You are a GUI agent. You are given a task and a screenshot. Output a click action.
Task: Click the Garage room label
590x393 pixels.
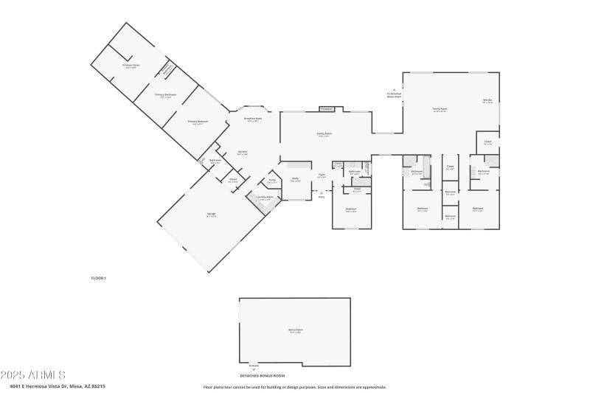coord(211,215)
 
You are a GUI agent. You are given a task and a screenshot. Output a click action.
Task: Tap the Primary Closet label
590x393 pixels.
coord(131,66)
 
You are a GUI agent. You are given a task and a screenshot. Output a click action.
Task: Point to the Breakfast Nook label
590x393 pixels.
coord(253,119)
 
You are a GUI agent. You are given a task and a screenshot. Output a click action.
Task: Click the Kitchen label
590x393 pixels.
coord(242,153)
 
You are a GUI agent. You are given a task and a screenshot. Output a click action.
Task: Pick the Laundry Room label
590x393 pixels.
coord(264,198)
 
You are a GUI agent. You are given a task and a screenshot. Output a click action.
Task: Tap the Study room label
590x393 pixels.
coord(295,179)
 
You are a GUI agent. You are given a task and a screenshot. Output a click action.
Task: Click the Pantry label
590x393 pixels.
coord(272,181)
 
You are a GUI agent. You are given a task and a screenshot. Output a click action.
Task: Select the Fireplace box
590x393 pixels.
coord(327,109)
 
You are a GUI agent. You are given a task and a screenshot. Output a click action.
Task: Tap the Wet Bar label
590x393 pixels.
coord(487,101)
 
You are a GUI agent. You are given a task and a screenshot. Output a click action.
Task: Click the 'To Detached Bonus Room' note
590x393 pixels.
coord(394,94)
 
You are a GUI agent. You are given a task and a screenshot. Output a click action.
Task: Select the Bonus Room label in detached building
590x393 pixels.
coord(295,330)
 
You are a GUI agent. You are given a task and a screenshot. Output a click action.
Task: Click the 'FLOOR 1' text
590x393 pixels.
coord(99,278)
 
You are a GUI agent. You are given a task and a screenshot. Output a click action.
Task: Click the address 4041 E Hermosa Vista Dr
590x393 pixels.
coord(58,386)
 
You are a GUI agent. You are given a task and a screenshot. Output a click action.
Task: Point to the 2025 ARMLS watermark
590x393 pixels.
coord(33,375)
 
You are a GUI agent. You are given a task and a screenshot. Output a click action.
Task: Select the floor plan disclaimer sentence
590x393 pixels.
coord(294,386)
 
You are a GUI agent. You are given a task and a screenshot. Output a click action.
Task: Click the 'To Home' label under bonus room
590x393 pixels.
coord(254,366)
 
